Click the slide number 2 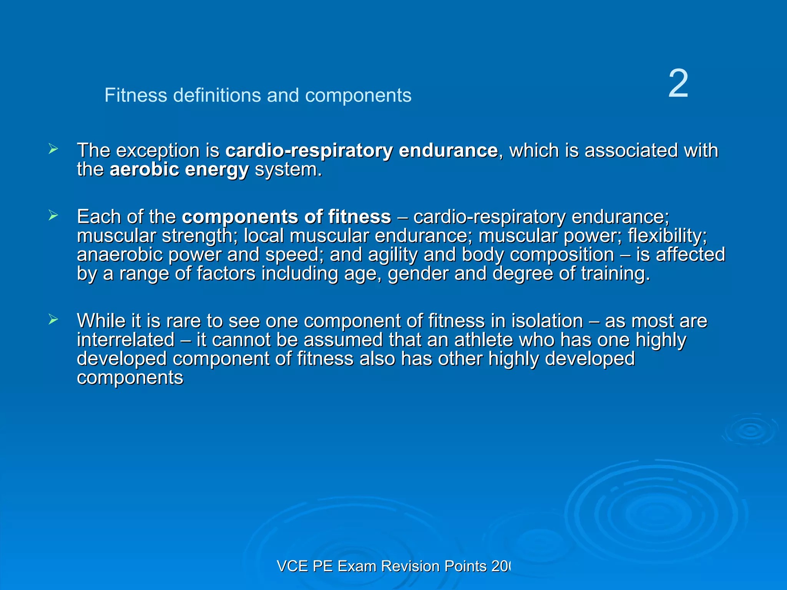pos(678,84)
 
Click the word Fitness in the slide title pos(136,95)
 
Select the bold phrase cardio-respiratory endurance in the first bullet pos(361,150)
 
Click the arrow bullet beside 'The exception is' pos(53,149)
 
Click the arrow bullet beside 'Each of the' pos(53,215)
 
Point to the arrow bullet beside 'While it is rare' pos(53,320)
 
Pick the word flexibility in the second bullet pos(667,236)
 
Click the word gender pos(418,274)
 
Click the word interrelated pos(126,340)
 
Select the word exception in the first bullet pos(158,150)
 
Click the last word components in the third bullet pos(130,378)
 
